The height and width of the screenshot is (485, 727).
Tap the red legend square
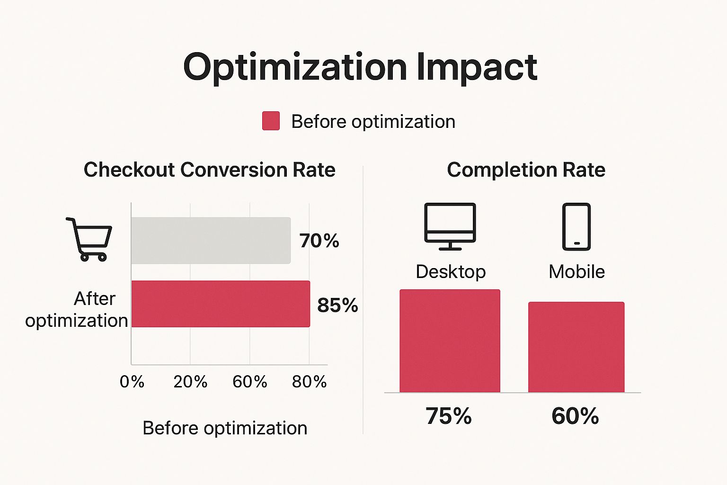pos(271,121)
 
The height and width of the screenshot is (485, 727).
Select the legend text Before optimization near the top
pos(373,122)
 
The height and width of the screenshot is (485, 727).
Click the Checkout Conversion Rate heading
pos(209,170)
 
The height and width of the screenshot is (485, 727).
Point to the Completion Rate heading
pos(526,170)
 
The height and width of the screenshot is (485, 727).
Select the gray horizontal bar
pos(211,241)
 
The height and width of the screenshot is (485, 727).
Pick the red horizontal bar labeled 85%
pos(221,304)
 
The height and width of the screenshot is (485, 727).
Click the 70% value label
pos(319,241)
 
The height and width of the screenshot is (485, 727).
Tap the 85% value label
pos(337,305)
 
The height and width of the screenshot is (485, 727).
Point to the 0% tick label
pos(132,382)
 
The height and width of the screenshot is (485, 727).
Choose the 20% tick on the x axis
pos(190,382)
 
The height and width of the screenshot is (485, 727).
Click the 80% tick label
pos(309,382)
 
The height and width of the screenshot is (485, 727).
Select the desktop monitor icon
pos(450,226)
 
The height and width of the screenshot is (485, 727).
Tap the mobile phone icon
pos(576,226)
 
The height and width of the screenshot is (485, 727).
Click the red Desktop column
pos(450,341)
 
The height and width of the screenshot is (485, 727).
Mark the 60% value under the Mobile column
pos(575,416)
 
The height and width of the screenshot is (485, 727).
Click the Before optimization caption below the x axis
pos(225,428)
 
